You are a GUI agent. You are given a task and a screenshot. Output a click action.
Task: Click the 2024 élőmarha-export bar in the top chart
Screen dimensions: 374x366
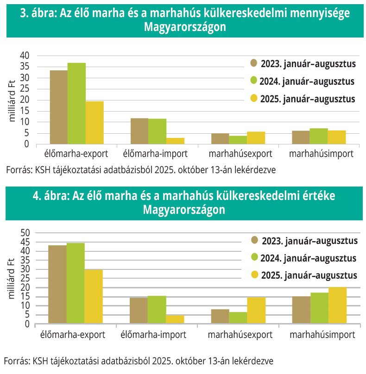coord(76,104)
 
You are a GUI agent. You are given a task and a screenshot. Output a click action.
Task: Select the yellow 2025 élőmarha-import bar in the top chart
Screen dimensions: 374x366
coord(176,141)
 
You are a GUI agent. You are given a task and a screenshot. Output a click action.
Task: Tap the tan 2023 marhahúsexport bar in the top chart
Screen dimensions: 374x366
coord(221,139)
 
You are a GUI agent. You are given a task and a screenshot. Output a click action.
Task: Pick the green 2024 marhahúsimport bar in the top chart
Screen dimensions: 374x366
coord(319,136)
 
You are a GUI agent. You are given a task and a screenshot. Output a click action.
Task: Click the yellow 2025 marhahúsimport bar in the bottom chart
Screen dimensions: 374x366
coord(337,305)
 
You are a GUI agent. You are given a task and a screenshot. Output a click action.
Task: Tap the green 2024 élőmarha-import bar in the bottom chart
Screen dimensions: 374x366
coord(157,310)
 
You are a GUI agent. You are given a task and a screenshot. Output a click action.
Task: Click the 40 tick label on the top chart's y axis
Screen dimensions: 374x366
coord(25,56)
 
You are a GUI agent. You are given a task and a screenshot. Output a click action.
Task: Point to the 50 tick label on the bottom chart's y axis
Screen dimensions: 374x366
coord(25,233)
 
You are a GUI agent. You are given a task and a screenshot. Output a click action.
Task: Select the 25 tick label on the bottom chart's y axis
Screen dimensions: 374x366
coord(25,278)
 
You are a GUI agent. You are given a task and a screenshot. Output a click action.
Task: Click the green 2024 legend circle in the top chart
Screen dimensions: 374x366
coord(253,81)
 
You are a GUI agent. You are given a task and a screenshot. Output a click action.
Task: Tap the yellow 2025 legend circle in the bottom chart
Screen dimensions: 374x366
coord(255,275)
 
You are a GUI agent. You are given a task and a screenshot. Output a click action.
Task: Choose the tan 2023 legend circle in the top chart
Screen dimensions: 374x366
coord(253,63)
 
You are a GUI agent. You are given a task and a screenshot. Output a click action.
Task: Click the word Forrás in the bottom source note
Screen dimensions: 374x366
coord(16,360)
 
